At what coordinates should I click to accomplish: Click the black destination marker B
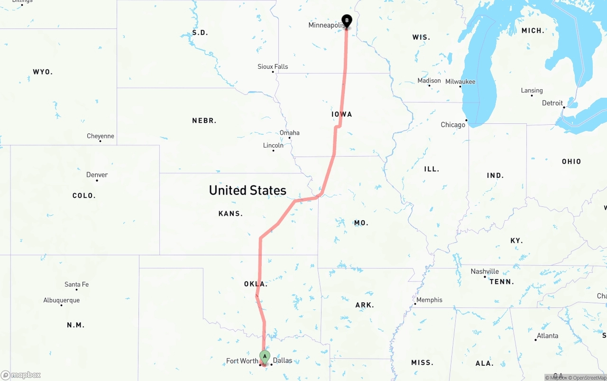pyautogui.click(x=347, y=20)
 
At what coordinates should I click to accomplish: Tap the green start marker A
pyautogui.click(x=265, y=356)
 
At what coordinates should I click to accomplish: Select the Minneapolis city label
pyautogui.click(x=326, y=25)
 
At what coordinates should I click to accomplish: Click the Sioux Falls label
pyautogui.click(x=273, y=67)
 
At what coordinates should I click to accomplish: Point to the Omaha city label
pyautogui.click(x=290, y=133)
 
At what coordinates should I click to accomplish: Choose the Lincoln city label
pyautogui.click(x=273, y=146)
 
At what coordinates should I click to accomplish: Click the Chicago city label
pyautogui.click(x=453, y=125)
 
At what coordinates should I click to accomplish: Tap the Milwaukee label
pyautogui.click(x=460, y=82)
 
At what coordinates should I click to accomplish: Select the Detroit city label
pyautogui.click(x=552, y=103)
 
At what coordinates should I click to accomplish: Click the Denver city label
pyautogui.click(x=97, y=175)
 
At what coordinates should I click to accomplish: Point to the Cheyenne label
pyautogui.click(x=101, y=136)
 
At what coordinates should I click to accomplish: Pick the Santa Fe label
pyautogui.click(x=76, y=285)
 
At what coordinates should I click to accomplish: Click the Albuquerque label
pyautogui.click(x=62, y=300)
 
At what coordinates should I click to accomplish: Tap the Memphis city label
pyautogui.click(x=429, y=300)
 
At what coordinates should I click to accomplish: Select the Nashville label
pyautogui.click(x=485, y=271)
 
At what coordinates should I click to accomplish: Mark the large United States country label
pyautogui.click(x=248, y=190)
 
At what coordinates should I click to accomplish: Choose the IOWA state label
pyautogui.click(x=342, y=114)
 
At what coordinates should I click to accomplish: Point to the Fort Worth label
pyautogui.click(x=242, y=361)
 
